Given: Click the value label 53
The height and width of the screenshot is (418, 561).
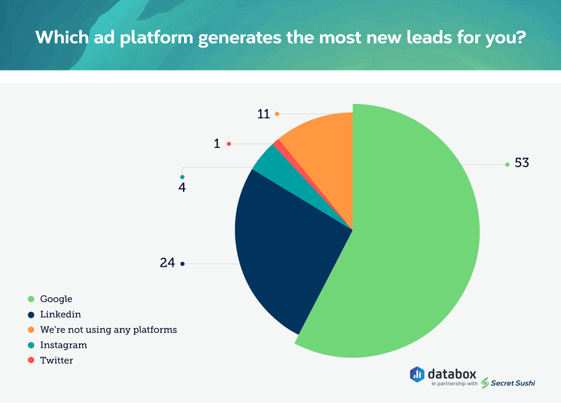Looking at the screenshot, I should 522,163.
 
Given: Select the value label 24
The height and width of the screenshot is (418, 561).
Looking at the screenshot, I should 167,263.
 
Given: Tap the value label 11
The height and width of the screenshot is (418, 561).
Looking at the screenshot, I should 263,114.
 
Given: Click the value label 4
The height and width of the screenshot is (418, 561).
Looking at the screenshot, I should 182,188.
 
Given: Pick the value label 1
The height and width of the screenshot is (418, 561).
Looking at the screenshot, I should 217,144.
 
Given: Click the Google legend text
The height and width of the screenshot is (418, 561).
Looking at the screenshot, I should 56,299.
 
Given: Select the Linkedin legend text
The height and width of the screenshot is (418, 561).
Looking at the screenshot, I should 60,314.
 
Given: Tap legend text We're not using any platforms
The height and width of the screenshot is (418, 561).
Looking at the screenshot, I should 108,330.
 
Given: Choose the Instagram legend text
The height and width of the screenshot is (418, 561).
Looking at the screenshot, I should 63,345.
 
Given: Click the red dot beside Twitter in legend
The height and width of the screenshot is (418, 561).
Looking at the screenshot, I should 31,360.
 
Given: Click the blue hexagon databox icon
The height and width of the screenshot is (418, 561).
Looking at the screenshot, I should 417,374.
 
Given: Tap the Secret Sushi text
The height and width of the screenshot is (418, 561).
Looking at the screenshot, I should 513,383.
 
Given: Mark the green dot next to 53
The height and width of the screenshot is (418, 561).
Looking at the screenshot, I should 507,165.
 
